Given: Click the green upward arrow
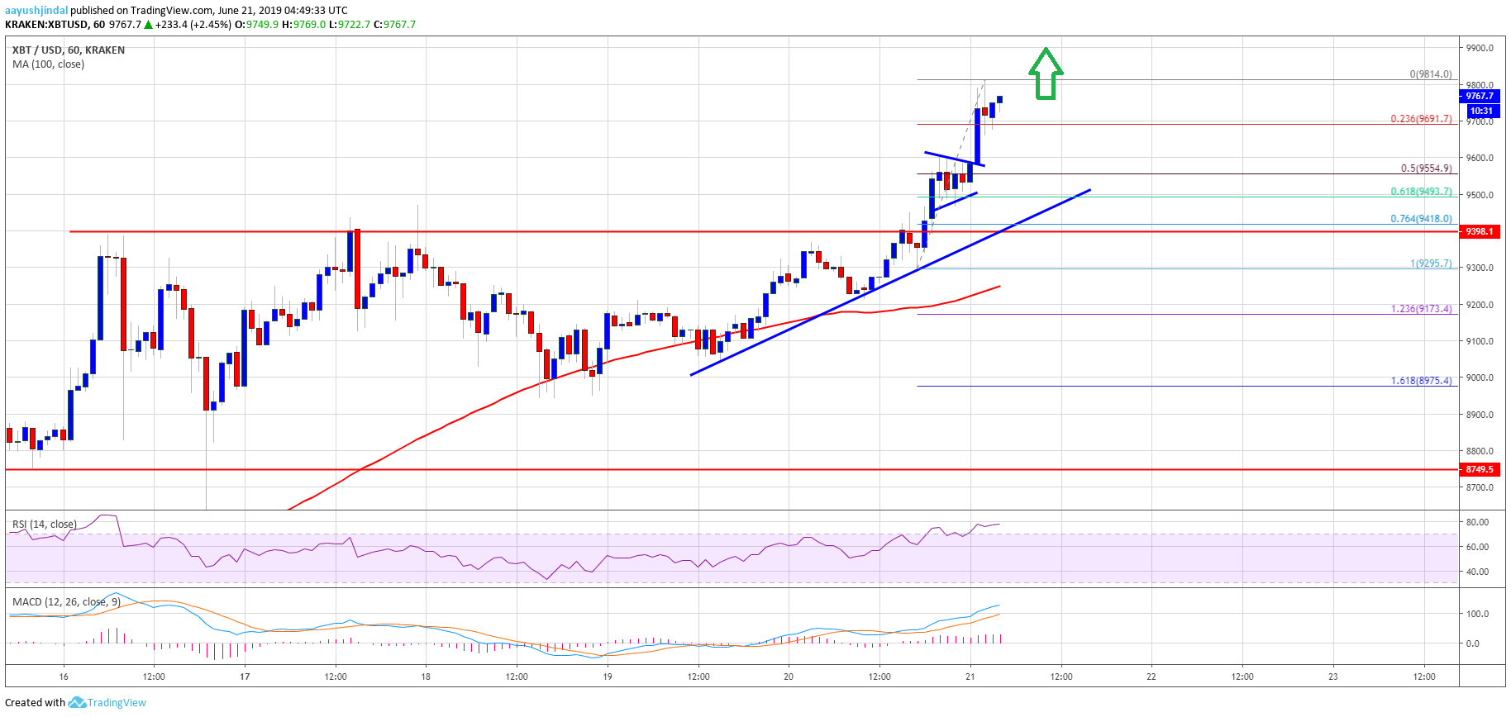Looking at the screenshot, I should click(x=1046, y=74).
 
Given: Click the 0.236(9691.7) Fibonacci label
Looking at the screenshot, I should click(x=1421, y=119).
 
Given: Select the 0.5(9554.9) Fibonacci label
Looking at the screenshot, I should click(x=1426, y=169).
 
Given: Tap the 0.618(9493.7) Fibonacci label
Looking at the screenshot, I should click(x=1421, y=192).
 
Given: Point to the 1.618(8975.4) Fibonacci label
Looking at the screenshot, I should click(x=1421, y=381).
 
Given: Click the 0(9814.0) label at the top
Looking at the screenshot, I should click(x=1430, y=74).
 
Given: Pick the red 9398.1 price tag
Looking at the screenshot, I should click(x=1480, y=231).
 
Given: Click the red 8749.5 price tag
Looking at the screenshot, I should click(x=1480, y=469).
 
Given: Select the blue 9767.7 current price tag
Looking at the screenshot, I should click(x=1480, y=96).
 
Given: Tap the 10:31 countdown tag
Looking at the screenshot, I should click(x=1481, y=111).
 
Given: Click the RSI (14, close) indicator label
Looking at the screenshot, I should click(x=45, y=525).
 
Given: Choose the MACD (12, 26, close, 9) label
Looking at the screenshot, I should click(x=66, y=602).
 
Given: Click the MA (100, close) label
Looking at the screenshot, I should click(x=48, y=64).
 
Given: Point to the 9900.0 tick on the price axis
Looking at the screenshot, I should click(x=1479, y=48).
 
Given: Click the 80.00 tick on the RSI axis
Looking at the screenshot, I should click(x=1477, y=522).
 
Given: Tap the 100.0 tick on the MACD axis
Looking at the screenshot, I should click(x=1477, y=614).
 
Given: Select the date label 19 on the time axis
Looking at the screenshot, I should click(x=608, y=677).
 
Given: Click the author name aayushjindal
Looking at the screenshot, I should click(x=36, y=11).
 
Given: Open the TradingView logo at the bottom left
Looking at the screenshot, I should click(x=107, y=703).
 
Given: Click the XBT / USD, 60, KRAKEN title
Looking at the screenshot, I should click(x=69, y=50).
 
